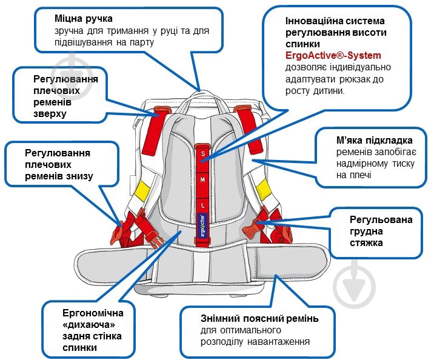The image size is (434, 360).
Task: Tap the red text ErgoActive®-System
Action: (333, 55)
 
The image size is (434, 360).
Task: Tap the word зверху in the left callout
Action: (50, 113)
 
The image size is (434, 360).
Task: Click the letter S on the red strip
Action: (203, 154)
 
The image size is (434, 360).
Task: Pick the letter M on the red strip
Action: (203, 180)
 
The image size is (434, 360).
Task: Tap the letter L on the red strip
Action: (203, 205)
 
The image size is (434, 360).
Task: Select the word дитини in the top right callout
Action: (326, 90)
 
